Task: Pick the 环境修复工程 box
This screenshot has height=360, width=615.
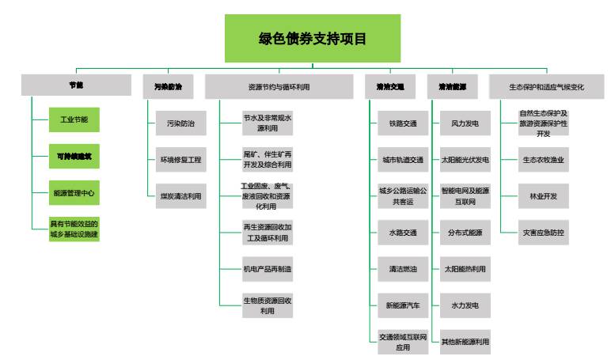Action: (180, 160)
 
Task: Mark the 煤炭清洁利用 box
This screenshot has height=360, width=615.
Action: (180, 195)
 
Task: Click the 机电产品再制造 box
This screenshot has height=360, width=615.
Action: (268, 269)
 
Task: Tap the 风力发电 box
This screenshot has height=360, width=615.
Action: (465, 124)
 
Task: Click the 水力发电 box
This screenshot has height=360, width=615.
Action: (465, 305)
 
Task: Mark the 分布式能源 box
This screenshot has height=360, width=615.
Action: (465, 233)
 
